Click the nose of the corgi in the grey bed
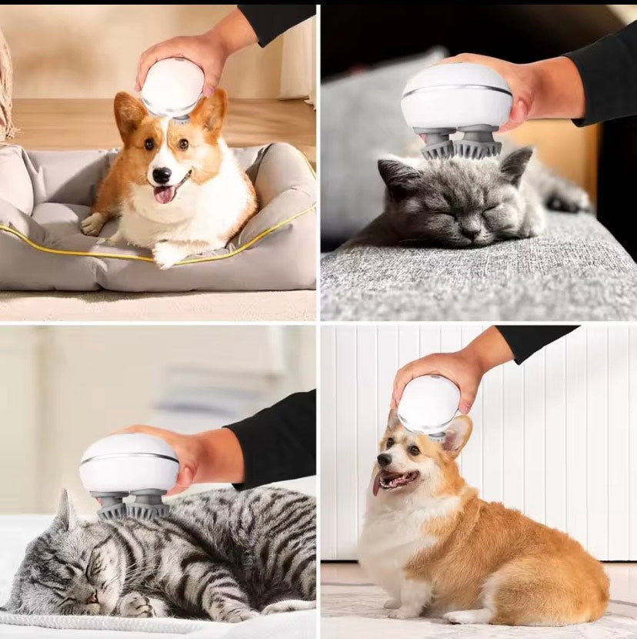(x=162, y=175)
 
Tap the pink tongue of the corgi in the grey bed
(x=165, y=194)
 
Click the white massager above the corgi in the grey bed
(x=172, y=85)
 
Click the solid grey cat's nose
(x=470, y=226)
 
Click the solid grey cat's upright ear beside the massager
(x=516, y=164)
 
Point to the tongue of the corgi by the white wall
(x=377, y=483)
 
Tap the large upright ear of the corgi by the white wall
(x=456, y=436)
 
